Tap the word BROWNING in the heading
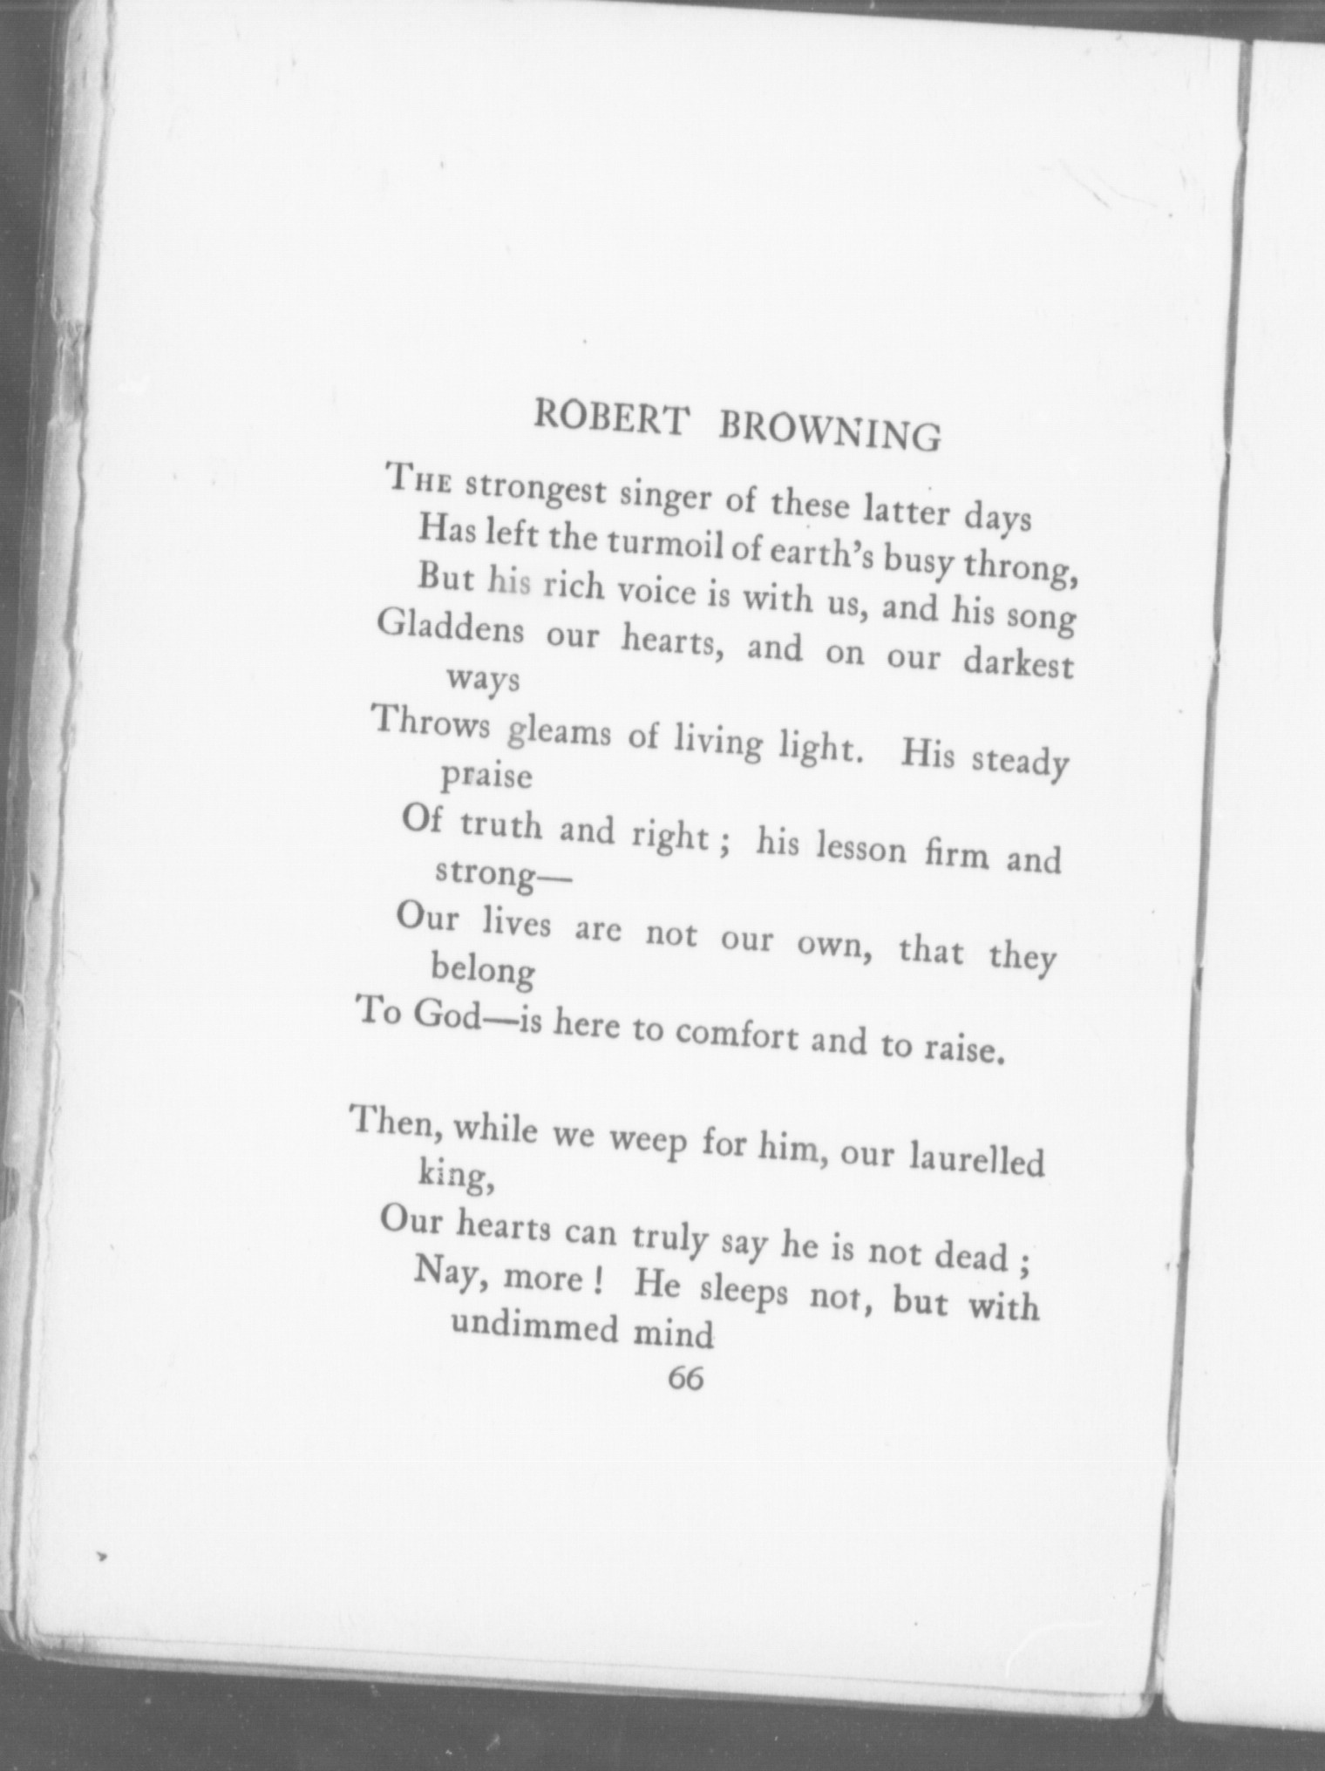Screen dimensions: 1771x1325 pos(830,431)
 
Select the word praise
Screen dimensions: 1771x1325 pos(486,775)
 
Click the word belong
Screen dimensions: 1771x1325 pos(483,967)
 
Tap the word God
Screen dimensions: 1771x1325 pos(446,1014)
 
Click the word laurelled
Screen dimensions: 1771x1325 pos(976,1160)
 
